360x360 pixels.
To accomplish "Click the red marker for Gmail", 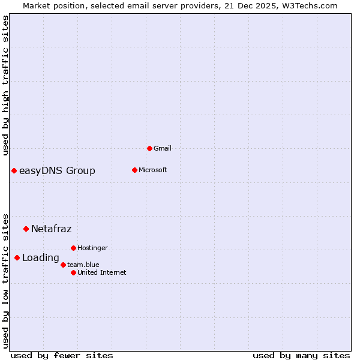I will click(x=149, y=148).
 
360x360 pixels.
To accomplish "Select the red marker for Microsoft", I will click(x=134, y=170).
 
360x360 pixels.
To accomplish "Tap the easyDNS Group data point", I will click(x=14, y=171).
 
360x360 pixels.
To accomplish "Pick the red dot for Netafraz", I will click(x=26, y=229).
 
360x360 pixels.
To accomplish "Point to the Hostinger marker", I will click(x=73, y=248).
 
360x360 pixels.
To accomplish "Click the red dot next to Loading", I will click(x=17, y=258).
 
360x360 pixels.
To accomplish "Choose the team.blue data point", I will click(x=63, y=265).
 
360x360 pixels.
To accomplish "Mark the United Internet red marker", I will click(x=73, y=272).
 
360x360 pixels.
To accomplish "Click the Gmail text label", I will click(x=163, y=148).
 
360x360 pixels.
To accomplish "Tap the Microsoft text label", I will click(x=152, y=170).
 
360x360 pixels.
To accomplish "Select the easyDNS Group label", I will click(x=57, y=171).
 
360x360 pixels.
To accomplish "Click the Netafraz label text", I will click(x=51, y=229).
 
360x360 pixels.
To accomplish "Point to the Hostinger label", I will click(x=92, y=248).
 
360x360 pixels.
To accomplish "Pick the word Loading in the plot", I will click(x=40, y=258).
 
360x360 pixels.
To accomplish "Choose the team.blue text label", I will click(x=83, y=265).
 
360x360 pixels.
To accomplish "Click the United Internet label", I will click(x=101, y=272).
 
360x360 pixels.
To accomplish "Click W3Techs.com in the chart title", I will click(x=310, y=6).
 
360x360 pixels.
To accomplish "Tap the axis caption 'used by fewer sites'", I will click(x=62, y=355).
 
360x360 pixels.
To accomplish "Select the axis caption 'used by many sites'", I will click(x=301, y=355).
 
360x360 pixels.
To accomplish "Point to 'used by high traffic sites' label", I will click(x=6, y=85).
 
